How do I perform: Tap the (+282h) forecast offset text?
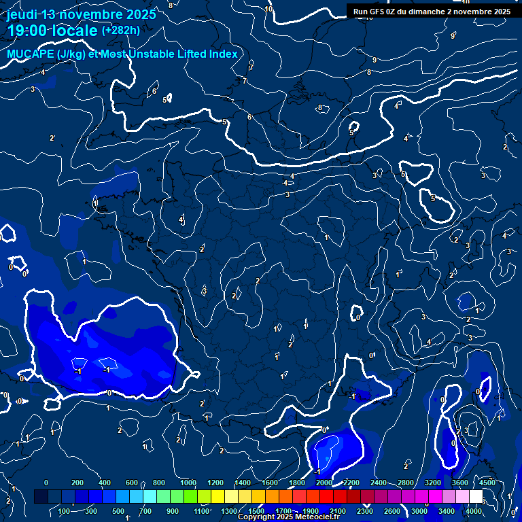120,30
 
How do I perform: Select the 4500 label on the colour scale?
487,483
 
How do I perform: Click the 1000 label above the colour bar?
188,483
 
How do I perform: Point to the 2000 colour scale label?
324,483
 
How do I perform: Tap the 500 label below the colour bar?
118,511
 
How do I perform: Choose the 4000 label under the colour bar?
474,511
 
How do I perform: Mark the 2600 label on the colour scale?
392,511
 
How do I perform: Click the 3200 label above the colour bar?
433,483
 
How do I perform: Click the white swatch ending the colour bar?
476,497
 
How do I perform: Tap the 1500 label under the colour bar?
256,511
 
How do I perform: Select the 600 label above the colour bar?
132,483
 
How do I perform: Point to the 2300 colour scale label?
365,511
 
